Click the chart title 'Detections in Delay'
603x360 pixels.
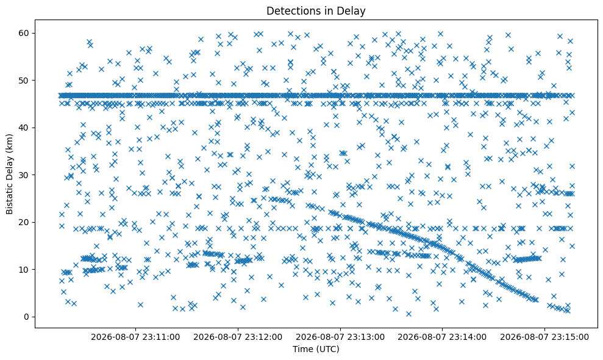[316, 11]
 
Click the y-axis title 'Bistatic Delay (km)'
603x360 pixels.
[9, 174]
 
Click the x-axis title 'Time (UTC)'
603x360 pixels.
[316, 349]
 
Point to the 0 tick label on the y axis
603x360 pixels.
[27, 317]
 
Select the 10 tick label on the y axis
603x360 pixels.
[24, 270]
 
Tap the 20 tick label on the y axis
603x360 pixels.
[24, 222]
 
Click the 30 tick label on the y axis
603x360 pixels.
[24, 175]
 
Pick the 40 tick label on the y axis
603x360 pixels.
[24, 128]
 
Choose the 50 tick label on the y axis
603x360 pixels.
[24, 81]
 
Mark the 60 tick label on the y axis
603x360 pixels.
[24, 33]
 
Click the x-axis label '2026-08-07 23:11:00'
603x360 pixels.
[135, 337]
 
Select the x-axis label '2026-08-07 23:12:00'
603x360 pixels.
[238, 337]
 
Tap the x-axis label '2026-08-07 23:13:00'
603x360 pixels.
[340, 337]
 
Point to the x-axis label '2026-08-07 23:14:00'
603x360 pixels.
[442, 337]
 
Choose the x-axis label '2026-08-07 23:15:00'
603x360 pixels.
[544, 337]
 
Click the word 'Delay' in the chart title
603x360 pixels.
[352, 11]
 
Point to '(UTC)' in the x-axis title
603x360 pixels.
[328, 349]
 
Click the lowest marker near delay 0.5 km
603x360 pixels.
[409, 314]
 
